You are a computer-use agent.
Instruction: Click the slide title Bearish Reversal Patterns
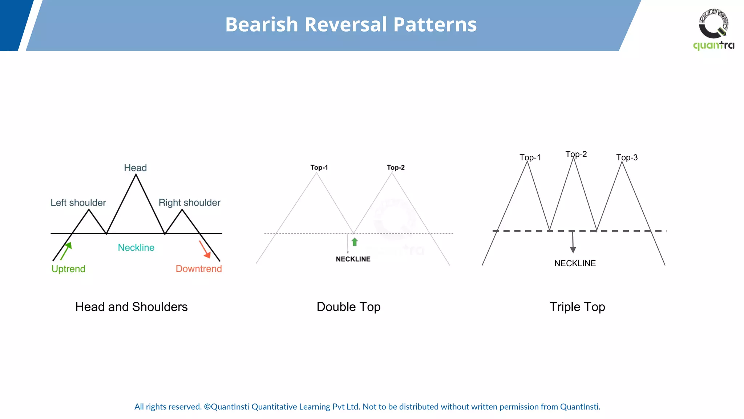coord(351,25)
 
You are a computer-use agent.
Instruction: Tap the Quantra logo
coord(713,29)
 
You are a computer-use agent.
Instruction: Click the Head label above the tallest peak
coord(135,168)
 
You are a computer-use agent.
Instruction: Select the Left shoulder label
coord(78,203)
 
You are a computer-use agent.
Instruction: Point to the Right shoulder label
coord(189,203)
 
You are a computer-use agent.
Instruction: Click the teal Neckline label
coord(136,248)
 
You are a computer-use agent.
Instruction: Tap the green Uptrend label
coord(68,269)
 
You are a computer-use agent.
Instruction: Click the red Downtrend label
coord(199,269)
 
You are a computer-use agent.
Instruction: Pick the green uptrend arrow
coord(66,251)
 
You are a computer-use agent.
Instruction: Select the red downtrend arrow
coord(205,250)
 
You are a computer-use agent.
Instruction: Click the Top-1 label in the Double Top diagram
coord(319,167)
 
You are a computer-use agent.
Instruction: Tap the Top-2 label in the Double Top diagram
coord(396,167)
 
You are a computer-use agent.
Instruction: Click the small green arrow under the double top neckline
coord(355,242)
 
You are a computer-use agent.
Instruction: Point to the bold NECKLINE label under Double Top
coord(353,259)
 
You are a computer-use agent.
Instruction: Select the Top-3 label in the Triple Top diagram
coord(627,157)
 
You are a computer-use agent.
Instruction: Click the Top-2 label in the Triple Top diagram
coord(576,154)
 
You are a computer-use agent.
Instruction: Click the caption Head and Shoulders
coord(132,307)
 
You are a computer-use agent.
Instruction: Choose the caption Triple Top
coord(577,307)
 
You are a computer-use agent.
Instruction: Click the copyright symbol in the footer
coord(207,407)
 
